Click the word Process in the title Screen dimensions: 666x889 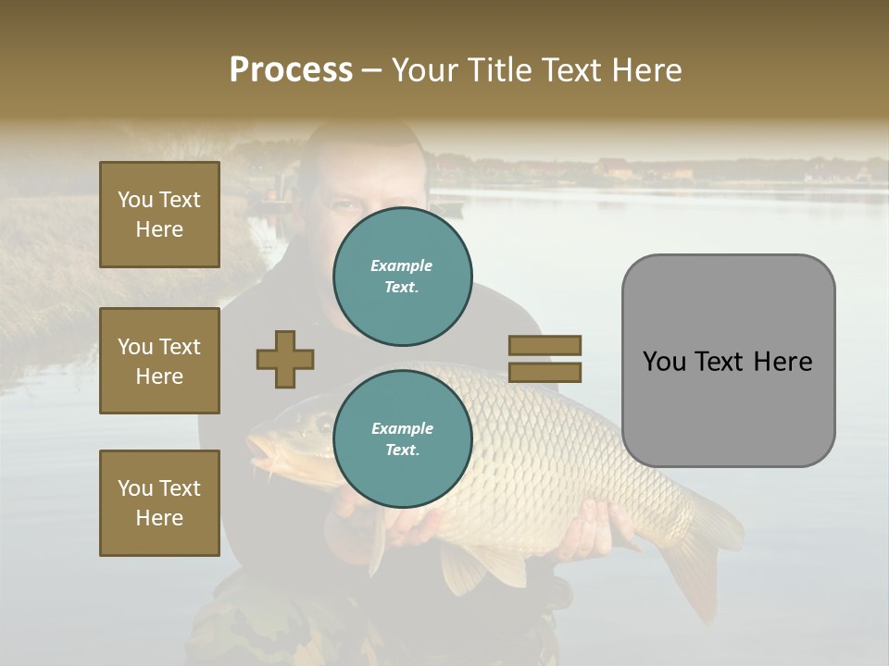[291, 70]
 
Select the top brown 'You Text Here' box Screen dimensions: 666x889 [159, 215]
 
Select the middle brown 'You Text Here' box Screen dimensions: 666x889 [159, 361]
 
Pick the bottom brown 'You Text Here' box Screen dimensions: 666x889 [159, 503]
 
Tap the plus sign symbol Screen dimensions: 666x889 [285, 359]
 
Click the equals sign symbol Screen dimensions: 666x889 [545, 359]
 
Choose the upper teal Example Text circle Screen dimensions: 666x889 [402, 277]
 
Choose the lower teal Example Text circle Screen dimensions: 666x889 [402, 439]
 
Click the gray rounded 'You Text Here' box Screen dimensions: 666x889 [728, 361]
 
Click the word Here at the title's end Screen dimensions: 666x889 [644, 70]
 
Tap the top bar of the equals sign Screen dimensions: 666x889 [545, 345]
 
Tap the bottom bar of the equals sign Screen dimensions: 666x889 [545, 373]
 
